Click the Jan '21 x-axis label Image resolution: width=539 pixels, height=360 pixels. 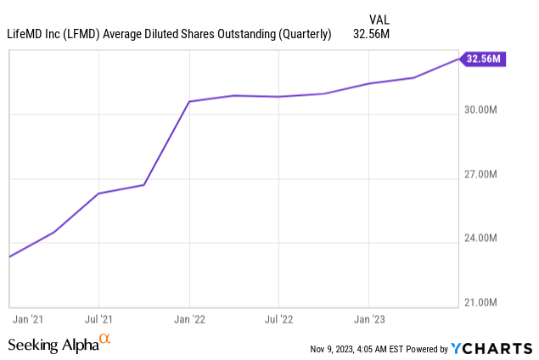point(27,320)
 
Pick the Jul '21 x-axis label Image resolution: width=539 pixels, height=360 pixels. point(98,320)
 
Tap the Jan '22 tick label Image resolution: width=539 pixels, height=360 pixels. point(188,320)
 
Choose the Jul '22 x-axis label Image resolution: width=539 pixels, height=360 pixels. point(278,320)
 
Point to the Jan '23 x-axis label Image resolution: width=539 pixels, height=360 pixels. point(368,320)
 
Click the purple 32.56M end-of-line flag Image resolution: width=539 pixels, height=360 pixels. point(485,59)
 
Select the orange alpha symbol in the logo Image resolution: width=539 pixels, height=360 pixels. point(105,340)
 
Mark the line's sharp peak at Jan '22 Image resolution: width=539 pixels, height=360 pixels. point(188,101)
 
